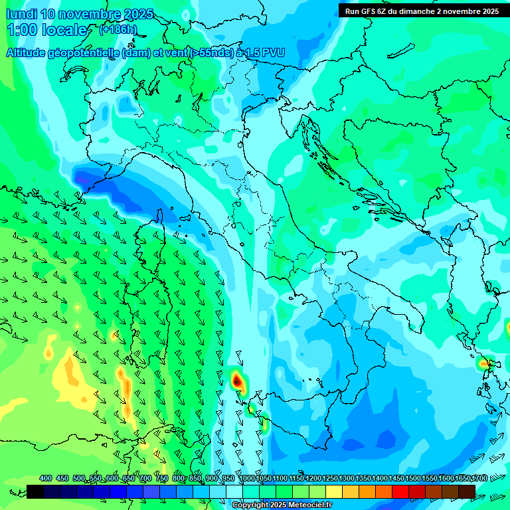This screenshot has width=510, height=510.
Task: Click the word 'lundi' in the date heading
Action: (21, 14)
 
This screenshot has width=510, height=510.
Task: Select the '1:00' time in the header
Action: (22, 30)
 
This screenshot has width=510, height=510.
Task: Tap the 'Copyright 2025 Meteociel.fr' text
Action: (282, 505)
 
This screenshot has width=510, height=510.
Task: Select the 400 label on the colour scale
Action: (46, 478)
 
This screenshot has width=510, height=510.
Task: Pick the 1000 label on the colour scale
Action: (247, 478)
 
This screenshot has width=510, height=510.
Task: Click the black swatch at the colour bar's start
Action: (35, 491)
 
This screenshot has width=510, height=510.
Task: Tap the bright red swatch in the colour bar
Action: (400, 491)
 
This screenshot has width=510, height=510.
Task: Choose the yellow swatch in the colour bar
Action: (334, 491)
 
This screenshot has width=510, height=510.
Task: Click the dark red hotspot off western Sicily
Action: (237, 381)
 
